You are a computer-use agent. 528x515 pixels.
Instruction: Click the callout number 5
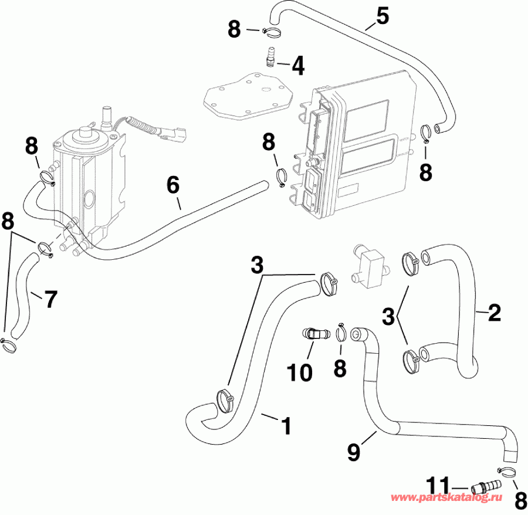pos(383,16)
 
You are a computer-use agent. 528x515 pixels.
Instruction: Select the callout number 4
pos(298,65)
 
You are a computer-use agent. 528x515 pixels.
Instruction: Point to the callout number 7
pos(50,299)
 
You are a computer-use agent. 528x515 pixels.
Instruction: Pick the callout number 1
pos(286,425)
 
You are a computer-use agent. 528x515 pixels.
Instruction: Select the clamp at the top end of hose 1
pos(330,282)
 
